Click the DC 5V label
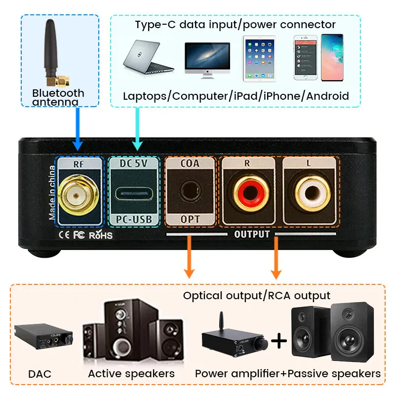tap(133, 163)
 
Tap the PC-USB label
tap(133, 219)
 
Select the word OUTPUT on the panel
tap(252, 234)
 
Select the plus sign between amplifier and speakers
tap(279, 340)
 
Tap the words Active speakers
tap(131, 374)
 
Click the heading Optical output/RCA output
tap(256, 296)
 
